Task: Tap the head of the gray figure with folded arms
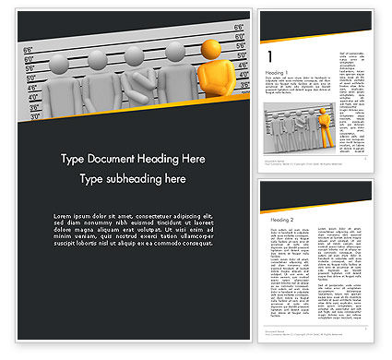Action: pos(136,59)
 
